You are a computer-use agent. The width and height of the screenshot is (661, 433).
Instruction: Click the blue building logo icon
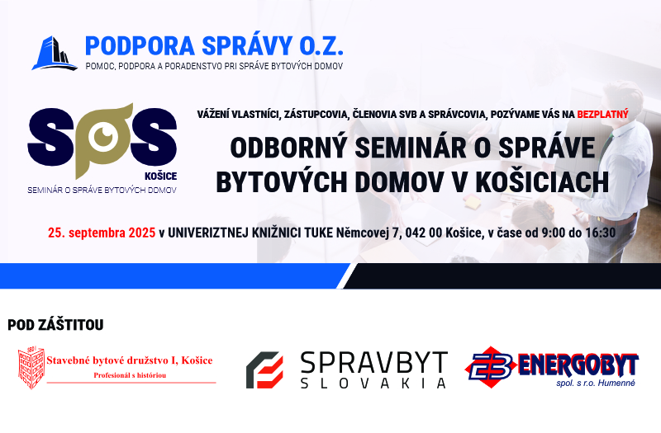click(55, 53)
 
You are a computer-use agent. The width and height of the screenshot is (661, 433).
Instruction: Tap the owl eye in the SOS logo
click(103, 135)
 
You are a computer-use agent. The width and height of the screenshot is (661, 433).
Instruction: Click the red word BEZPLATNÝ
click(602, 114)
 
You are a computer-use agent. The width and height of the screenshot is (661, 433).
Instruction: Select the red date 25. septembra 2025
click(102, 233)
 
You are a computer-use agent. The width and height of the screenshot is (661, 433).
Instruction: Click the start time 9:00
click(553, 233)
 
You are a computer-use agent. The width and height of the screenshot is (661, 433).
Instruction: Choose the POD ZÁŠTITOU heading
click(55, 325)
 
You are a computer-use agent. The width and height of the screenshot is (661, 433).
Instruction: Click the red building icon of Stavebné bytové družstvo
click(31, 368)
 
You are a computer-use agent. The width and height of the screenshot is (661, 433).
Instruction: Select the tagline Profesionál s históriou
click(130, 375)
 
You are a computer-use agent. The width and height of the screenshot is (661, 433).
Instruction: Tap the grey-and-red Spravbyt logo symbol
click(264, 369)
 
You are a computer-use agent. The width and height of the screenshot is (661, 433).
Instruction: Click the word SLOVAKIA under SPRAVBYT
click(373, 383)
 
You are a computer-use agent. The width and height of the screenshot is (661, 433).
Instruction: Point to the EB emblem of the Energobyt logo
click(491, 366)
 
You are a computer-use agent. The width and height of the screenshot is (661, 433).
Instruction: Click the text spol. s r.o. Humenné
click(595, 383)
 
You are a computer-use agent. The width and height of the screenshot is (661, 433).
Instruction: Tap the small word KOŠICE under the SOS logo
click(160, 176)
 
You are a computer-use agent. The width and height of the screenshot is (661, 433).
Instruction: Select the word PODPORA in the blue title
click(140, 46)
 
